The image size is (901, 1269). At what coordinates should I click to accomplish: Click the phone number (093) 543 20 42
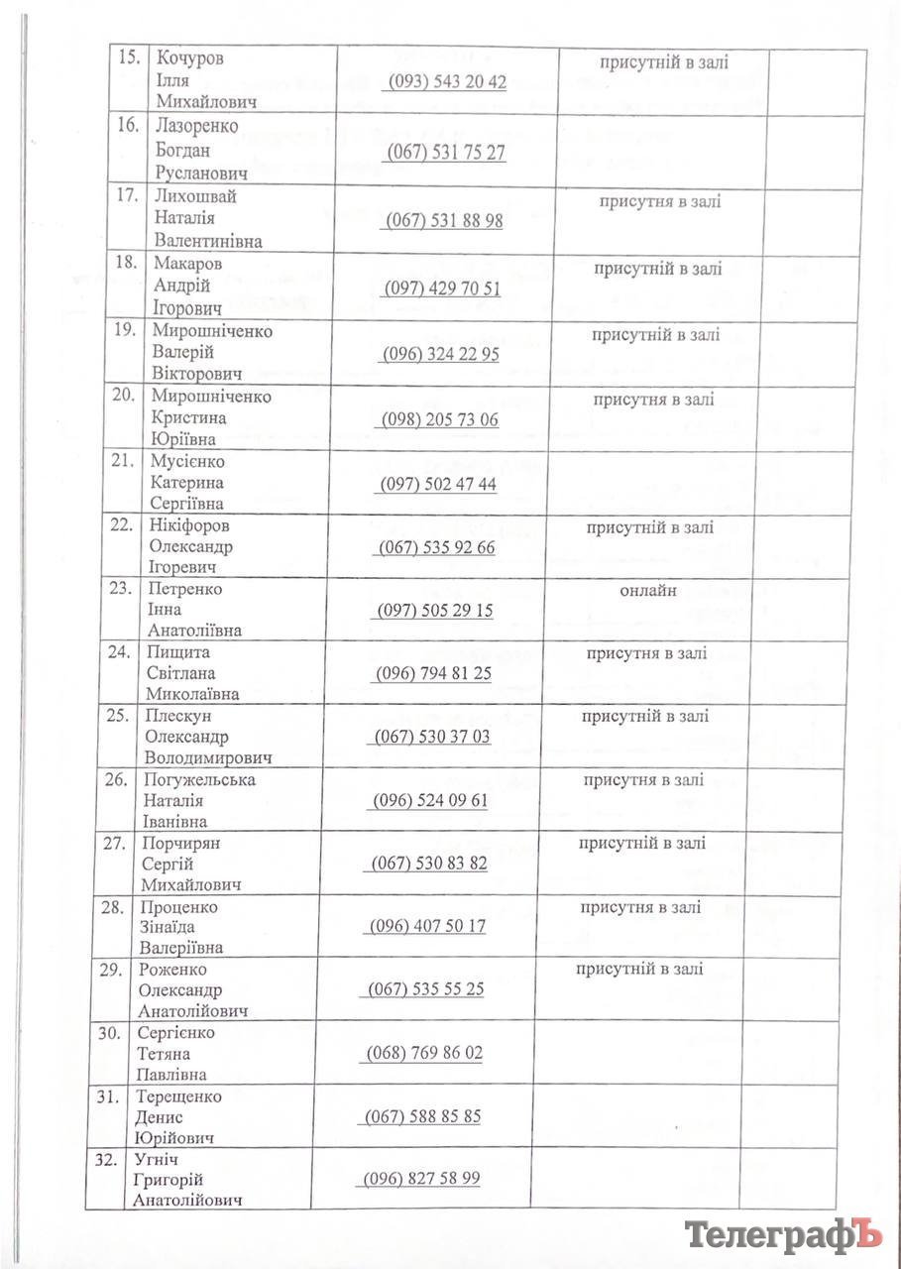[445, 82]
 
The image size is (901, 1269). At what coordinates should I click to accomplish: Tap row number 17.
[126, 195]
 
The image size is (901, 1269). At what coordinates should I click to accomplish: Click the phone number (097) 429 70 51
[442, 288]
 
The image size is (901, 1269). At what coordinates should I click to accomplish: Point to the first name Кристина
[187, 417]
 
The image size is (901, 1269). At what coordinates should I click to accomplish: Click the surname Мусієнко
[187, 461]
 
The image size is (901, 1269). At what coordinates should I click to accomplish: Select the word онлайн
[648, 591]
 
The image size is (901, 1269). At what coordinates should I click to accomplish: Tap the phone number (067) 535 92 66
[437, 548]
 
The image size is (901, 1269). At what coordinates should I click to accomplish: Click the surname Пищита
[177, 652]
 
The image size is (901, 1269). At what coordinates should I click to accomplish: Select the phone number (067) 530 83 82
[429, 864]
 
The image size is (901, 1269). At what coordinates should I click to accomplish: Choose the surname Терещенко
[181, 1096]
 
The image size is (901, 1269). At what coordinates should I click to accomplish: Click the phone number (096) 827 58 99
[422, 1179]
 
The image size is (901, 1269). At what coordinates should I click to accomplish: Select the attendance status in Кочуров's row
[663, 62]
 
